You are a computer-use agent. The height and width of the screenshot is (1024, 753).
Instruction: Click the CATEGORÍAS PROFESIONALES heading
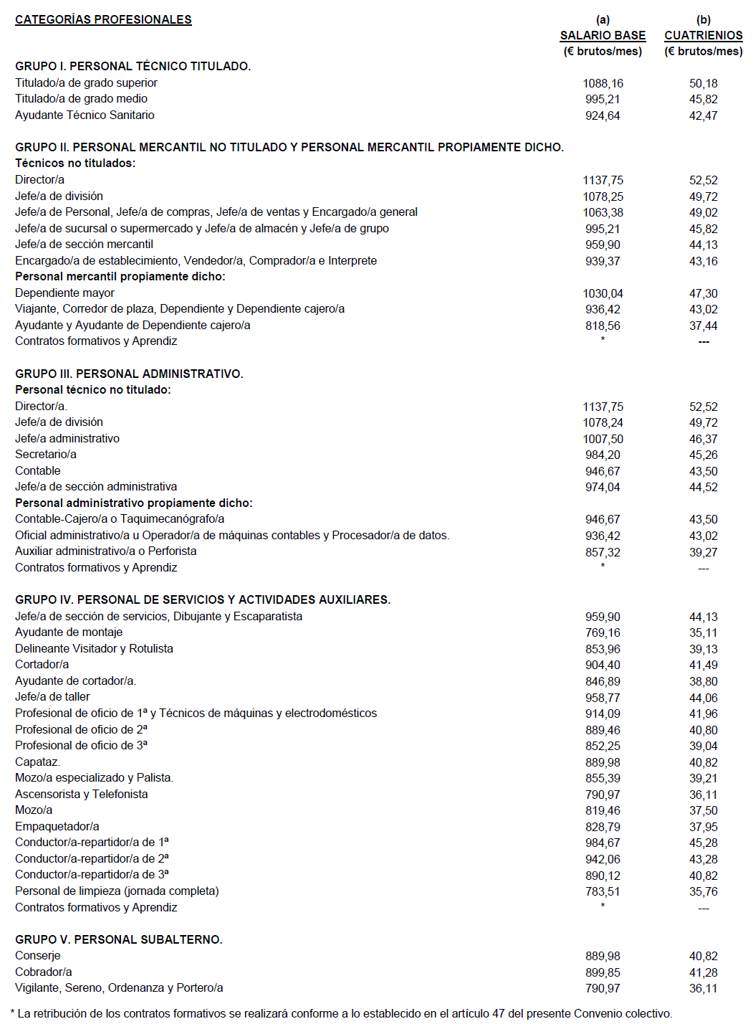coord(103,19)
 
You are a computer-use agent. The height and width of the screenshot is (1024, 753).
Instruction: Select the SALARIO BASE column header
coord(603,35)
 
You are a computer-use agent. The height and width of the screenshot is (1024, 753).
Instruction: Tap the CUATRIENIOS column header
coord(703,35)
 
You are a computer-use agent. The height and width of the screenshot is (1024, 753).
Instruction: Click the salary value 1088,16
coord(603,83)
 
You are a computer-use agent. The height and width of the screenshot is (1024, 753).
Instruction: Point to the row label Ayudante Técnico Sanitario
coord(85,115)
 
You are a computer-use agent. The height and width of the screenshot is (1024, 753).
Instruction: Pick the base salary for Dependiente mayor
coord(603,293)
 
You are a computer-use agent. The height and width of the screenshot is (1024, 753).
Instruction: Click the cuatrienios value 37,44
coord(703,326)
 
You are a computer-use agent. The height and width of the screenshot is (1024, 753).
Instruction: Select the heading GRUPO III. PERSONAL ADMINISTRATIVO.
coord(129,374)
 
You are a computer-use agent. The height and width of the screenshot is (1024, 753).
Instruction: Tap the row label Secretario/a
coord(46,454)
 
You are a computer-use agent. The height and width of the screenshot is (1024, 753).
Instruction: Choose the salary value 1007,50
coord(603,439)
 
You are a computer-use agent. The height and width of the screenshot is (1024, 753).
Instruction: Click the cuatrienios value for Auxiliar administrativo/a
coord(703,552)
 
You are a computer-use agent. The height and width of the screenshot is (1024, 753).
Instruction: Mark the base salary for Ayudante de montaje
coord(603,632)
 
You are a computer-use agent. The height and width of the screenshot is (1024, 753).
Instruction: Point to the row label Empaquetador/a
coord(57,826)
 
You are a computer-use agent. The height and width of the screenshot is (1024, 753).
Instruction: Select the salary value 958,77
coord(603,698)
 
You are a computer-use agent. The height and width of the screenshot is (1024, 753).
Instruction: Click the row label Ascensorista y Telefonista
coord(82,794)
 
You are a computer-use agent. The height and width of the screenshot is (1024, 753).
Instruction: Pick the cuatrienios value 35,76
coord(703,891)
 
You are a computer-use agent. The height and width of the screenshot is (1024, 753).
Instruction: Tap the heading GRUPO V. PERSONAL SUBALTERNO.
coord(119,939)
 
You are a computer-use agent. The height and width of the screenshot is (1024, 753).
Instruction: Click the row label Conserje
coord(38,955)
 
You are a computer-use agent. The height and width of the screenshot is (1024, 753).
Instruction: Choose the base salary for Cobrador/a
coord(603,972)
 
